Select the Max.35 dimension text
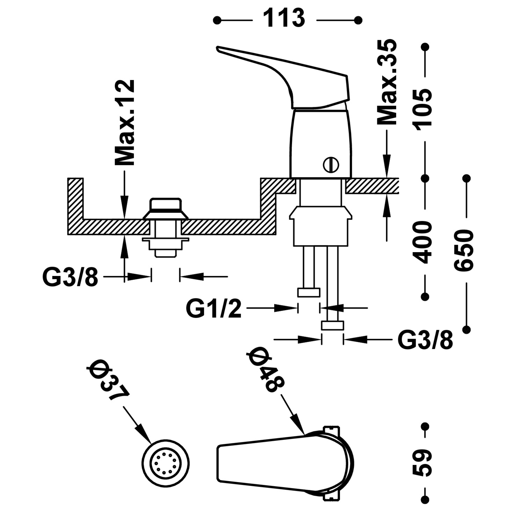[387, 82]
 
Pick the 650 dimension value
[464, 249]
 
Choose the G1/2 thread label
[213, 309]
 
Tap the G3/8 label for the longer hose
[425, 340]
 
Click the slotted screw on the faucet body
[331, 164]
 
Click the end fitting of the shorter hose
[308, 292]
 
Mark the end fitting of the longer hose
[332, 326]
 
